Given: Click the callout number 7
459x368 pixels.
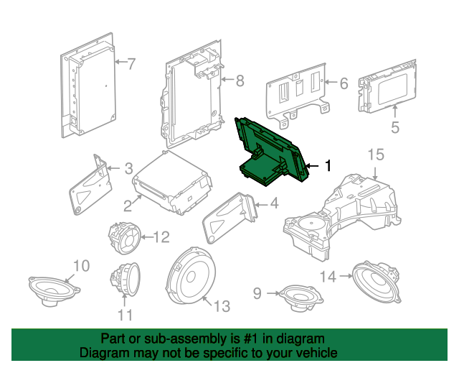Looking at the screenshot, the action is click(131, 64).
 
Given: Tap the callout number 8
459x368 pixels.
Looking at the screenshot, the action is click(240, 80).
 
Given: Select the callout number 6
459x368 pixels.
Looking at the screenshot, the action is click(344, 83).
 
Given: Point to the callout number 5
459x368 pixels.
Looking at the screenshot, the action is click(395, 128).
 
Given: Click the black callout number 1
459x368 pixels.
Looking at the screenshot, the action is click(328, 165).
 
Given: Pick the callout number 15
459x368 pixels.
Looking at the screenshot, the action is click(376, 155).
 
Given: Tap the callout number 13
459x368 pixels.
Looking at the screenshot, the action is click(222, 306).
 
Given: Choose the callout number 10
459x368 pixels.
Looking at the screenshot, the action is click(81, 266).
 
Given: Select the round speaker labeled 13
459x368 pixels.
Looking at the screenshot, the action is click(190, 276).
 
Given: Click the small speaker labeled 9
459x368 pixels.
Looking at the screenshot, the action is click(301, 298).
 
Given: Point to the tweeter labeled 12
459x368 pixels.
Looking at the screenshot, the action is click(125, 238).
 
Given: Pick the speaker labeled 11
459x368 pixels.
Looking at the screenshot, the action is click(125, 279).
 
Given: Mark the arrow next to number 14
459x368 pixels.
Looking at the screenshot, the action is click(346, 276).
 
